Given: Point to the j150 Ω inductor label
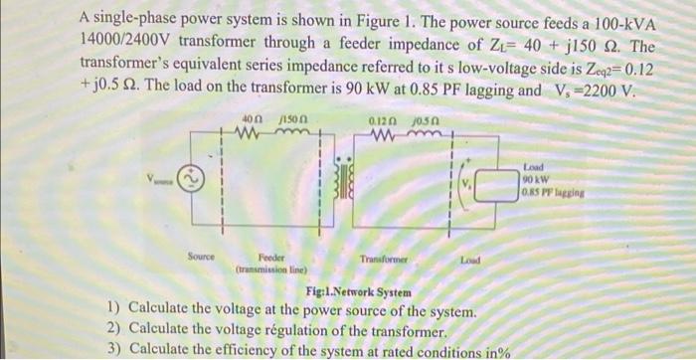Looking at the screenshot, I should (288, 119).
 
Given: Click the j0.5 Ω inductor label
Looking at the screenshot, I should (413, 119).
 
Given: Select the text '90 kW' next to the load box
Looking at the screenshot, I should (538, 176).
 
